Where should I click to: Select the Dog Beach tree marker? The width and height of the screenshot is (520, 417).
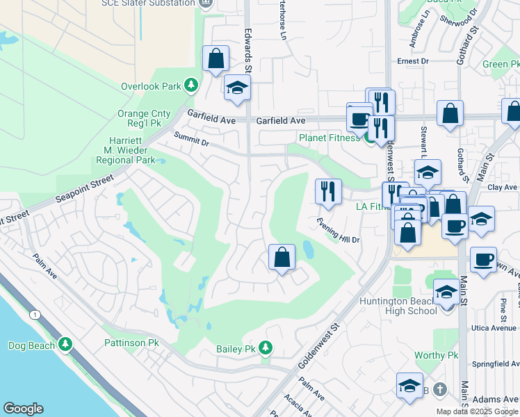pyautogui.click(x=65, y=345)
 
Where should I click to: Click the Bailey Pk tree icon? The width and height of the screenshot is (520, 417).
pyautogui.click(x=264, y=347)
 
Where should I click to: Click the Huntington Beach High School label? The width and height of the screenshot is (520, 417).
pyautogui.click(x=398, y=306)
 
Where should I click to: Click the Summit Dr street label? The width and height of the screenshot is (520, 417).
pyautogui.click(x=191, y=138)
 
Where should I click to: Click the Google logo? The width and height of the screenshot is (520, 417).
pyautogui.click(x=23, y=409)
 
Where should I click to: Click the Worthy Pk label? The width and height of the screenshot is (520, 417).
pyautogui.click(x=437, y=355)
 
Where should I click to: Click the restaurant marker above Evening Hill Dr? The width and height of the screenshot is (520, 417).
pyautogui.click(x=328, y=191)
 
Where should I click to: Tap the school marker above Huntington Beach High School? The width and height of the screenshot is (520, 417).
pyautogui.click(x=446, y=291)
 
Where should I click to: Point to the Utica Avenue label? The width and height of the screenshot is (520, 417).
pyautogui.click(x=496, y=327)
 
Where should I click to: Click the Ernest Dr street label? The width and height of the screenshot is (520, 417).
pyautogui.click(x=413, y=61)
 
